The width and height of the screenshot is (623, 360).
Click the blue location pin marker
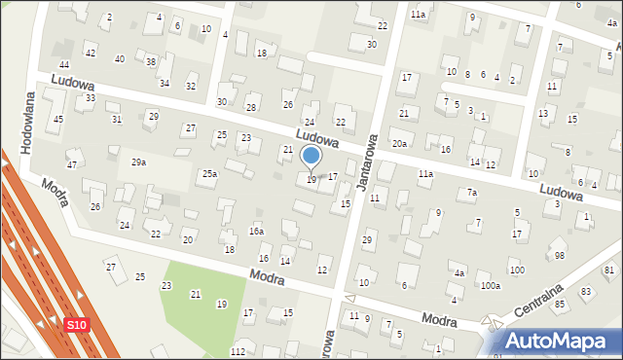pyautogui.click(x=311, y=157)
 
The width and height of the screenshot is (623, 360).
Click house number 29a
pyautogui.click(x=138, y=162)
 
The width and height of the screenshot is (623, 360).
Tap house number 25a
pyautogui.click(x=209, y=173)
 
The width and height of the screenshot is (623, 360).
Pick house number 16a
pyautogui.click(x=256, y=232)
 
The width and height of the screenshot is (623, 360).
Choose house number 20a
pyautogui.click(x=399, y=144)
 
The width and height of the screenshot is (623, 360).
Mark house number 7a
pyautogui.click(x=471, y=193)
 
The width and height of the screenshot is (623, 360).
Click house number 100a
pyautogui.click(x=490, y=285)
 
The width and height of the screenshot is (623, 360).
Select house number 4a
pyautogui.click(x=458, y=273)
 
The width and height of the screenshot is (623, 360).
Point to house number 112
pyautogui.click(x=238, y=350)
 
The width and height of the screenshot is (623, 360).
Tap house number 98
pyautogui.click(x=559, y=255)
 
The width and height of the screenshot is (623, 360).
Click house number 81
pyautogui.click(x=609, y=270)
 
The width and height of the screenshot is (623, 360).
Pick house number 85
pyautogui.click(x=560, y=304)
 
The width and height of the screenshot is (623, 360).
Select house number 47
pyautogui.click(x=72, y=165)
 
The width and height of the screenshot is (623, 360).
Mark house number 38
pyautogui.click(x=150, y=62)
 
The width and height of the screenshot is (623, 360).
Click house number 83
pyautogui.click(x=585, y=292)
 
